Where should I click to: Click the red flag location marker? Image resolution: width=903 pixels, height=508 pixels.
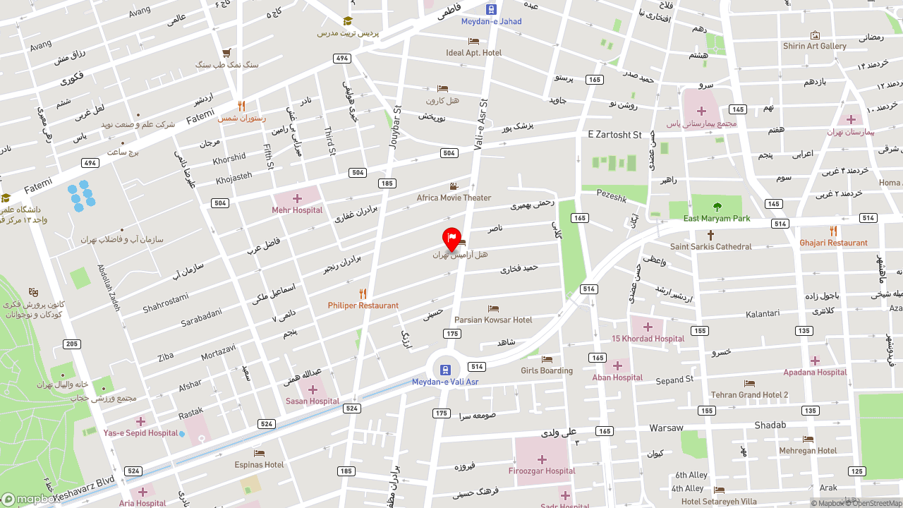[x=451, y=238]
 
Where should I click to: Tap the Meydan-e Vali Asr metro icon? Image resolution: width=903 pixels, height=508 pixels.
[x=444, y=370]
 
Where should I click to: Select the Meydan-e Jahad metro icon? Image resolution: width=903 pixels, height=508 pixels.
[x=491, y=9]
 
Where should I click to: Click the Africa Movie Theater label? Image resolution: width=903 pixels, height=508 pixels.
[x=454, y=198]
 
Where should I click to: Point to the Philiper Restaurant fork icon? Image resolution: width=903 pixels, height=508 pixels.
[x=363, y=294]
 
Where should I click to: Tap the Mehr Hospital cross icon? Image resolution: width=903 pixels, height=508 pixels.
[x=297, y=198]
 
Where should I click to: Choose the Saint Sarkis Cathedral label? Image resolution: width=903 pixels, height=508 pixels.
[x=710, y=247]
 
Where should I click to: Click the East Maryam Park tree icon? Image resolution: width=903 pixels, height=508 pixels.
[x=717, y=207]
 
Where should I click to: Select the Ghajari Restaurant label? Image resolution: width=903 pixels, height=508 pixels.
[x=833, y=243]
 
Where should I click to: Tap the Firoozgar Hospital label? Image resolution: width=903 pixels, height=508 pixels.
[x=542, y=471]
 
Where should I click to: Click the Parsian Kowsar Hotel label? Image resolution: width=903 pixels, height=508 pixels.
[x=493, y=320]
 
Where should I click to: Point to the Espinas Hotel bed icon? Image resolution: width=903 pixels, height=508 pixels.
[x=259, y=453]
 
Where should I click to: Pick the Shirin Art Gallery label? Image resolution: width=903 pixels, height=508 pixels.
[x=814, y=46]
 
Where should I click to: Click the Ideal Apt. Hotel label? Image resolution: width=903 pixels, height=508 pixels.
[x=473, y=53]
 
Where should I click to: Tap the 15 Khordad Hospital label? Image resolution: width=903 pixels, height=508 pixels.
[x=648, y=339]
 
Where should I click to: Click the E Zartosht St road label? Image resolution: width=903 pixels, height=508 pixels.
[x=614, y=134]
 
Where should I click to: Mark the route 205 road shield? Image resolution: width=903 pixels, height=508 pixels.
[x=71, y=344]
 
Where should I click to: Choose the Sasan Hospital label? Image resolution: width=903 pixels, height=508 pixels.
[x=313, y=401]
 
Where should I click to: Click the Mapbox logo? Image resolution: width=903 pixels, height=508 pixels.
[x=28, y=500]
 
